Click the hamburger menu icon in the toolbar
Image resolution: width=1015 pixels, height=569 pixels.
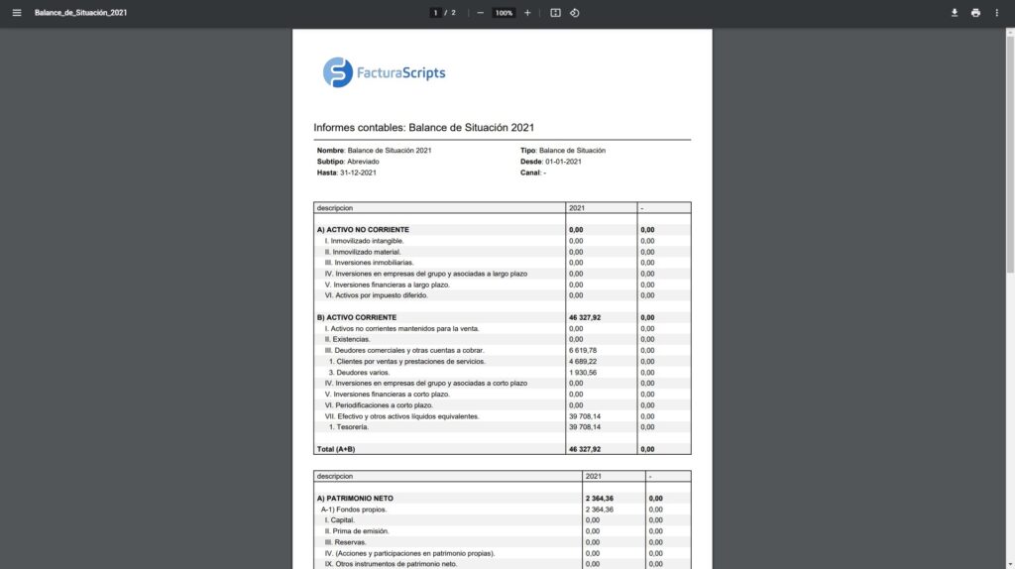16,13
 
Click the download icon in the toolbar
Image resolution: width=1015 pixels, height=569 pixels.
955,13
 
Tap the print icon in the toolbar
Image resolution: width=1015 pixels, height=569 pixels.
975,13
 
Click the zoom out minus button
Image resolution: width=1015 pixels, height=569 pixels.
481,13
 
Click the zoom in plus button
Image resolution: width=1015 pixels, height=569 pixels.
527,13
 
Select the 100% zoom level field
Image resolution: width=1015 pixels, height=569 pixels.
504,13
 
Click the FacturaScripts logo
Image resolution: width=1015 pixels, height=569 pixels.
385,72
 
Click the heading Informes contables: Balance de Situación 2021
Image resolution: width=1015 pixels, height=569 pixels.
424,128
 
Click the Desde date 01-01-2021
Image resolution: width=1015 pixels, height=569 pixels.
563,162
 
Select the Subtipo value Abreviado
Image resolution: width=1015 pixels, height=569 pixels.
363,162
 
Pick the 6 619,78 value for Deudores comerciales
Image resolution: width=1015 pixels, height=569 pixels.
583,350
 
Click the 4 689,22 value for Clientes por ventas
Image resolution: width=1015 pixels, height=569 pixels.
583,361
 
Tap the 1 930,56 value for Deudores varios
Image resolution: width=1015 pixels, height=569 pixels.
583,372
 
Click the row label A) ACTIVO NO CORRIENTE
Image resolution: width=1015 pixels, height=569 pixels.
364,229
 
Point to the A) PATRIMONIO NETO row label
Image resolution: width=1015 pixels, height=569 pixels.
357,499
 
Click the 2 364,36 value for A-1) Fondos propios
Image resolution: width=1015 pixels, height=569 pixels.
600,510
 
